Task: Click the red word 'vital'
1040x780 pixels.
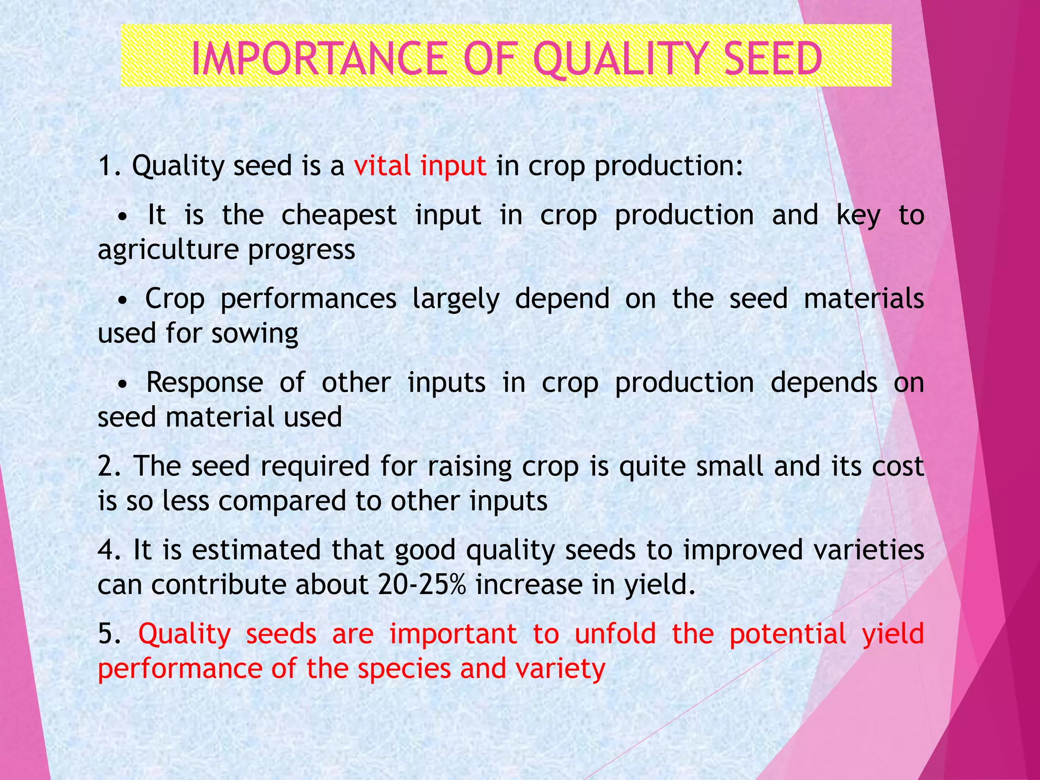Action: (x=382, y=166)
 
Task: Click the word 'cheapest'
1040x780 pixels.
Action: (x=339, y=215)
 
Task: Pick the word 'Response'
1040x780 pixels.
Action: (x=205, y=382)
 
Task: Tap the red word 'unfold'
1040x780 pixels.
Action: (x=615, y=634)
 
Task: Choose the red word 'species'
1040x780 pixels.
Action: (x=404, y=669)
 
